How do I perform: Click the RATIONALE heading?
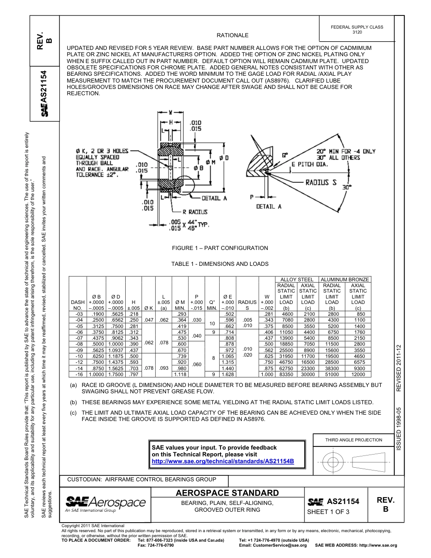(232, 35)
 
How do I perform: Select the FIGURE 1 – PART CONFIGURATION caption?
(220, 248)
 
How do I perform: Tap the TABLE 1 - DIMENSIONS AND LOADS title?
(220, 264)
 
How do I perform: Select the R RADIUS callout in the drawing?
(195, 212)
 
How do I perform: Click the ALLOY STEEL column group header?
(297, 279)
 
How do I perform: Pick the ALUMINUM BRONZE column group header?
(345, 279)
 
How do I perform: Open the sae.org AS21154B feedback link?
(223, 461)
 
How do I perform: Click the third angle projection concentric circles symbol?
(333, 462)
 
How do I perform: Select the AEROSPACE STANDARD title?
(227, 493)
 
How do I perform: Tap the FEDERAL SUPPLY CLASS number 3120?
(357, 33)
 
